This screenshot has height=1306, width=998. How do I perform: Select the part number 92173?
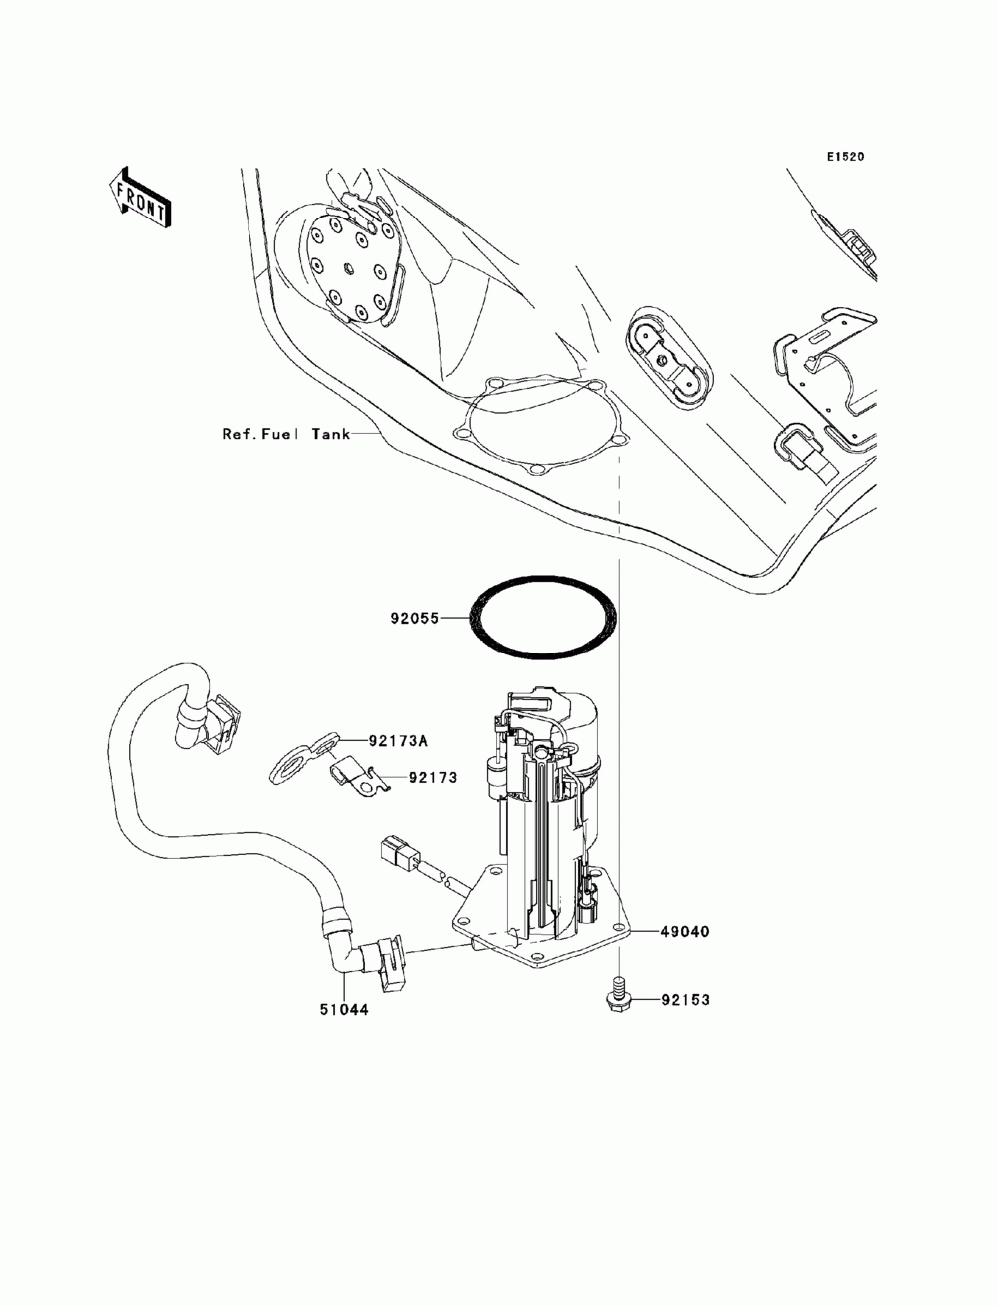(x=432, y=777)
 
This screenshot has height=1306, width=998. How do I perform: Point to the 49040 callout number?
(x=684, y=931)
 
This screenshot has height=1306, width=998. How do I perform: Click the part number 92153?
(x=684, y=999)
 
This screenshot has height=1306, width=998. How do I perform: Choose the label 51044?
(x=345, y=1009)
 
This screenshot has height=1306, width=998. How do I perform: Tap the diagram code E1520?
(x=844, y=157)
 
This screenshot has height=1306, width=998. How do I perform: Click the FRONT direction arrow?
(x=140, y=199)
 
